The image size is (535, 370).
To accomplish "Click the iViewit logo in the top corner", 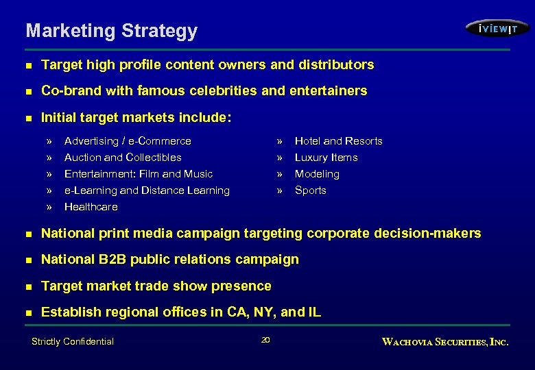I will [497, 28].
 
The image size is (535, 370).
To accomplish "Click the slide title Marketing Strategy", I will [111, 31].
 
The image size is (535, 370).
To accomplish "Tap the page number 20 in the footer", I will [265, 341].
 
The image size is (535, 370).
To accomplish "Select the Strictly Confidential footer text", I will [73, 341].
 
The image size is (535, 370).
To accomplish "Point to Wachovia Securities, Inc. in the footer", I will [445, 341].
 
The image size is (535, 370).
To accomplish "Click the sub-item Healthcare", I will [91, 207].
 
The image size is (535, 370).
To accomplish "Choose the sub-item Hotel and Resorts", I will [338, 141].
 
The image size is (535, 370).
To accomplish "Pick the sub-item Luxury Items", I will [326, 158].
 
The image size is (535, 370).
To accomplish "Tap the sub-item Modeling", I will [317, 174].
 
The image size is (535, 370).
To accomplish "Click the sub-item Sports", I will [310, 190].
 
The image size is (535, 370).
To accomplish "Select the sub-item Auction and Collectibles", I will [123, 158].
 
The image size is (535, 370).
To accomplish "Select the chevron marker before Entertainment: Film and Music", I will [49, 174].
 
